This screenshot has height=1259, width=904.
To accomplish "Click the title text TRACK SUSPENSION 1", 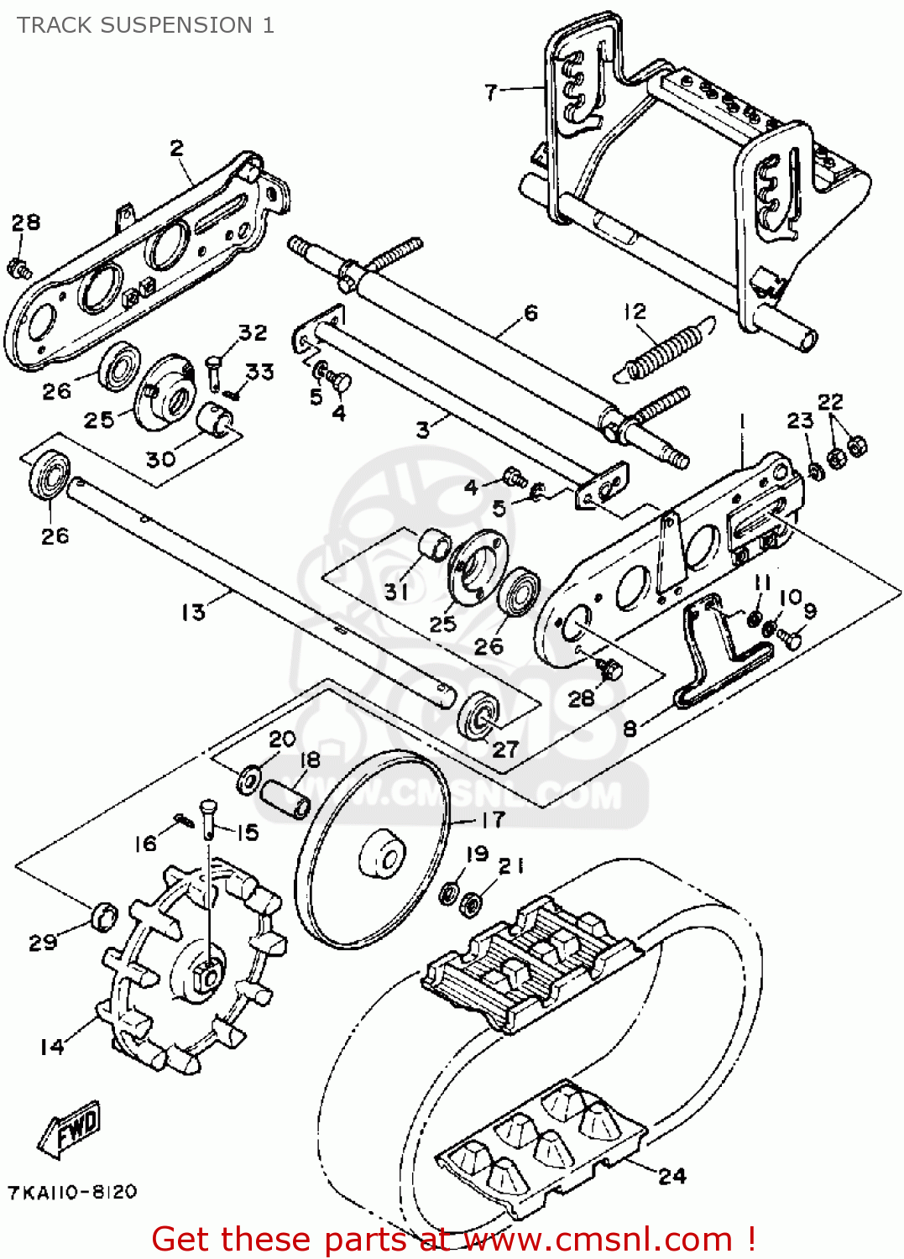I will pos(145,25).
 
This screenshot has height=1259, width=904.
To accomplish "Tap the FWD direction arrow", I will pos(71,1129).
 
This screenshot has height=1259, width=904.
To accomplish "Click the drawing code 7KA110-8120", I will pos(72,1192).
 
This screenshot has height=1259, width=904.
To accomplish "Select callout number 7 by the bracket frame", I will pos(491,91).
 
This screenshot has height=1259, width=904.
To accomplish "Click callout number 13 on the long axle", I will pos(193,612).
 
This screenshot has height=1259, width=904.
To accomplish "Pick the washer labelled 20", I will pos(249,779).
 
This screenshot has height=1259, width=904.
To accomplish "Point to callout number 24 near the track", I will pos(671,1176).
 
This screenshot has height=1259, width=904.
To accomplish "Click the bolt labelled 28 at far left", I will pos(18,269).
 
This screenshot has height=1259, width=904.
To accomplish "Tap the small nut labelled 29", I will pos(103,916).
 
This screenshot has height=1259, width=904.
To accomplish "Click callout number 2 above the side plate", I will pos(176,149).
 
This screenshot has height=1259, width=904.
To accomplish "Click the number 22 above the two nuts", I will pos(830,402).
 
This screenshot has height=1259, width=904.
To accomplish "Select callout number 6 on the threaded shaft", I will pos(530,313).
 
